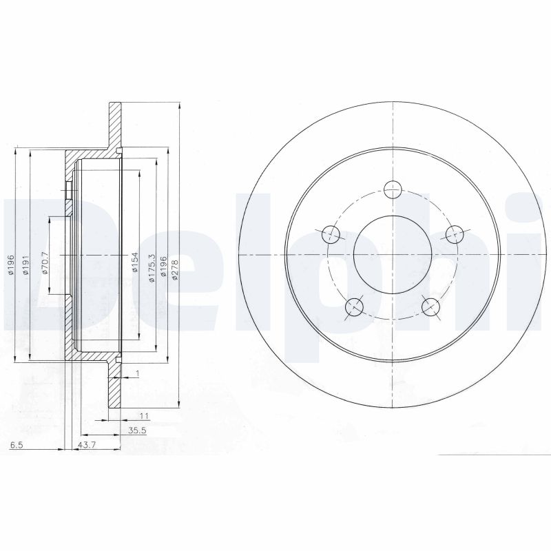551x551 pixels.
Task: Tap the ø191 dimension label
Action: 25,265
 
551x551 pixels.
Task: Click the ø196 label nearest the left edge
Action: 11,265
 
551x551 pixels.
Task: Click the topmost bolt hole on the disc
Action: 392,188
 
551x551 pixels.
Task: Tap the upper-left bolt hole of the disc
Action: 331,233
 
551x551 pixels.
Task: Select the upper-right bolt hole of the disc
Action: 453,233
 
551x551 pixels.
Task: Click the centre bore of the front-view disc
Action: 392,253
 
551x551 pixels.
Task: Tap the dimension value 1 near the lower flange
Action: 138,373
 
